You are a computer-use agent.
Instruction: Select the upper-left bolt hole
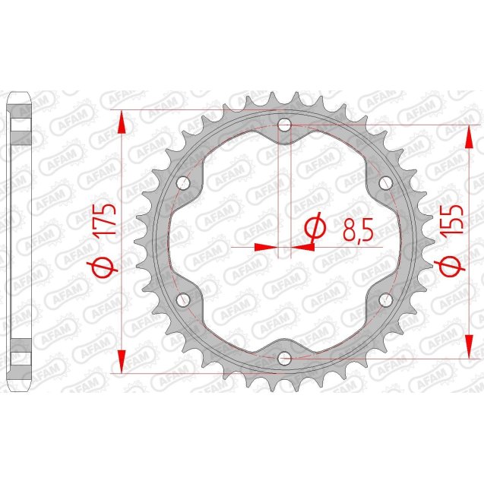(183, 182)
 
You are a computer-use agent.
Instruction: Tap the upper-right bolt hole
(384, 182)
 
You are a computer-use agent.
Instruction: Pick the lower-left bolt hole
(183, 300)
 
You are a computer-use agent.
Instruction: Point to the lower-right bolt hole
(384, 300)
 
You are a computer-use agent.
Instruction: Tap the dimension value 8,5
(357, 229)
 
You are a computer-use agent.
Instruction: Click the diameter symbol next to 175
(106, 267)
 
